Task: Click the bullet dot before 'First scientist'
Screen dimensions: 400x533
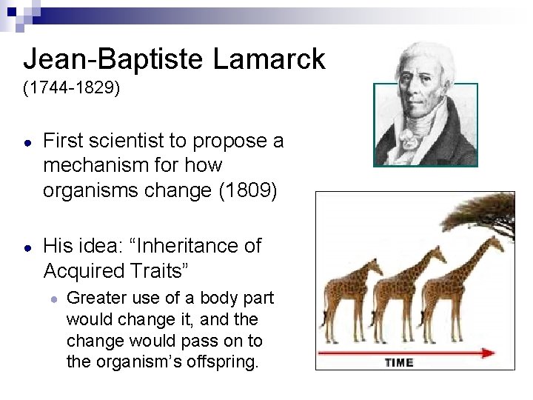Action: pyautogui.click(x=27, y=141)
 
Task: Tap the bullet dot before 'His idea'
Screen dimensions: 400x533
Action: pyautogui.click(x=27, y=247)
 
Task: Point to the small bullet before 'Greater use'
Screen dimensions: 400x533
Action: pyautogui.click(x=54, y=299)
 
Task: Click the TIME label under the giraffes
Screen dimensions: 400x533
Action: pyautogui.click(x=398, y=362)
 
